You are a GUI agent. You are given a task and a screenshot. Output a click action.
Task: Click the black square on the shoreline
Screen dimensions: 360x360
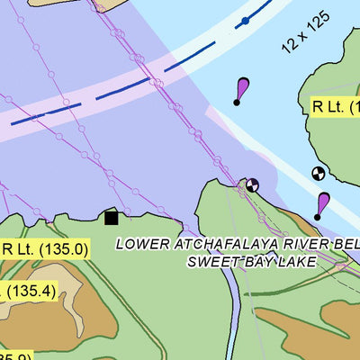point(112,217)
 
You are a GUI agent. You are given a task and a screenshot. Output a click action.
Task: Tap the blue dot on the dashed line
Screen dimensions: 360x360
point(245,20)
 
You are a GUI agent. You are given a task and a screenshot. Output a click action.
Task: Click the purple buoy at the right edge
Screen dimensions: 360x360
point(320,206)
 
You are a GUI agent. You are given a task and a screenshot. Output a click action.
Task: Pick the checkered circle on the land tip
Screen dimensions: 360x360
point(252,184)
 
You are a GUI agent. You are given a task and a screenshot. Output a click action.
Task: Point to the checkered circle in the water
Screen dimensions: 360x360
point(317,173)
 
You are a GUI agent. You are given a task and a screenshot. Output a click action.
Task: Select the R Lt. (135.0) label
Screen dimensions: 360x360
point(45,249)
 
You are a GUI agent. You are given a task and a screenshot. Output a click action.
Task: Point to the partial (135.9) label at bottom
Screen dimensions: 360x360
point(16,356)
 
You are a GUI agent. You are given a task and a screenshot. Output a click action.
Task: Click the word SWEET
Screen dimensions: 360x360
point(210,262)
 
